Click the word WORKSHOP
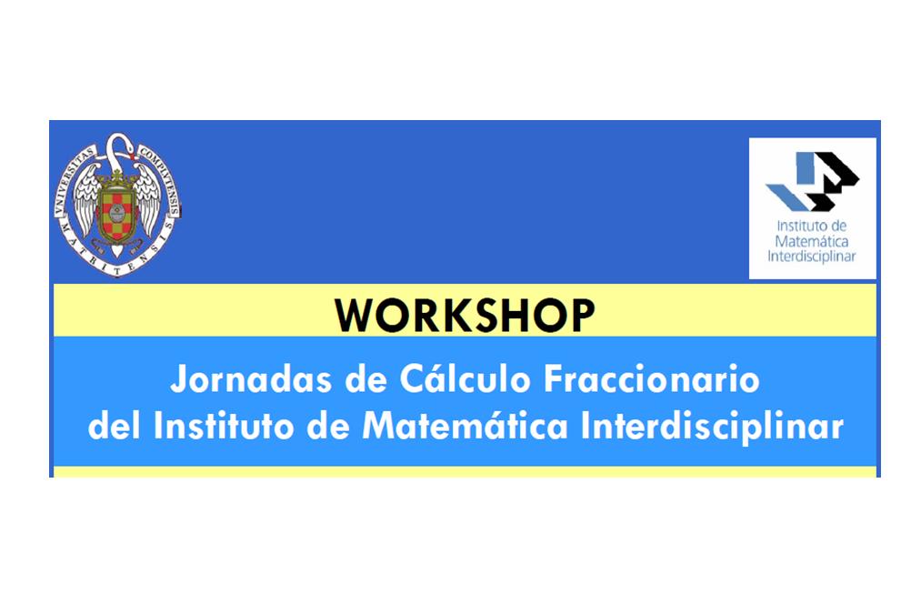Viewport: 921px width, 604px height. (465, 316)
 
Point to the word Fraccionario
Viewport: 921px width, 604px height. (651, 379)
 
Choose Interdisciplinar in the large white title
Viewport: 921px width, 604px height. (712, 426)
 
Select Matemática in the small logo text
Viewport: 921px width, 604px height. (812, 241)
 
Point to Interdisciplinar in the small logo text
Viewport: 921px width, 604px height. (812, 257)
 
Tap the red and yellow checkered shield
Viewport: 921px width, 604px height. (117, 216)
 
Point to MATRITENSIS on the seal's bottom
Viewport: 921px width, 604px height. (117, 257)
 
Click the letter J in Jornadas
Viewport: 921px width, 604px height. (178, 379)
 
